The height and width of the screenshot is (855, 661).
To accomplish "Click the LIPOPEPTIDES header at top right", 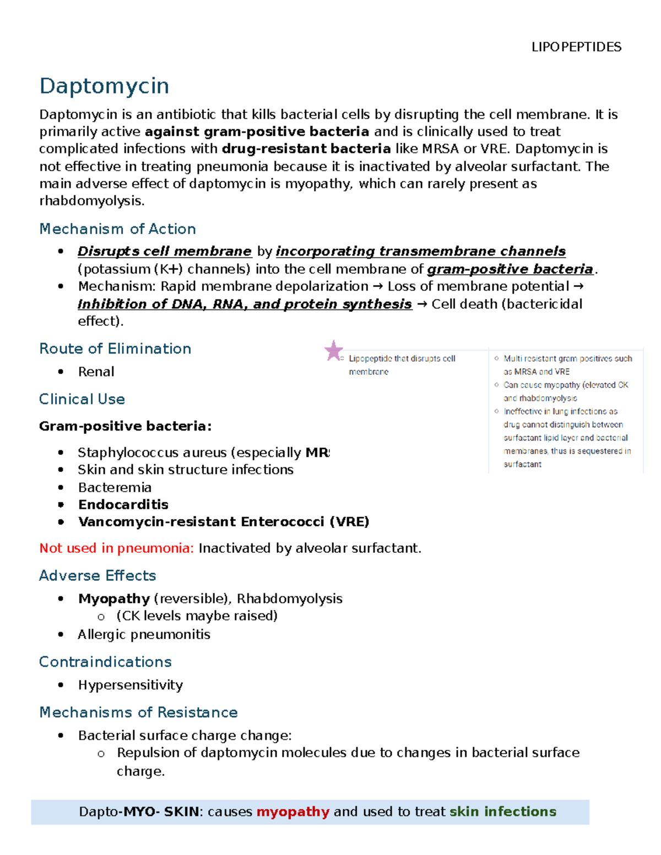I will point(576,47).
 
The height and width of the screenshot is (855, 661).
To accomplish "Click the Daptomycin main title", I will point(104,86).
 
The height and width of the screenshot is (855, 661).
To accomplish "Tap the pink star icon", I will point(333,351).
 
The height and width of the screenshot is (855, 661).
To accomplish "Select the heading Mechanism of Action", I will point(117,229).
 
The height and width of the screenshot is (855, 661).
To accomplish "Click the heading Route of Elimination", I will point(115,348).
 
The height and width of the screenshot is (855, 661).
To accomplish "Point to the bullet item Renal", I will point(96,372).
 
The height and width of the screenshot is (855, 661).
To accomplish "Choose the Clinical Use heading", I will point(82,399).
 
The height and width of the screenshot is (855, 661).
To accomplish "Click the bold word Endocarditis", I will point(123,504).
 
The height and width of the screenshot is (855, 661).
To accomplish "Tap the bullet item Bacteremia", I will point(115,487).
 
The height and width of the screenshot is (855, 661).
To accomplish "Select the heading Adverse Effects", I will point(97,575).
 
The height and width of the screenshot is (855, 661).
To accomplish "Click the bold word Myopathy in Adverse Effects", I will point(114,598).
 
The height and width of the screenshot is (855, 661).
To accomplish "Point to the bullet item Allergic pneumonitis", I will point(144,634).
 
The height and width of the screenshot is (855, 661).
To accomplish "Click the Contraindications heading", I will point(105,662).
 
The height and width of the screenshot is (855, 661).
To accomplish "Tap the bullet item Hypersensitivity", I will point(130,685).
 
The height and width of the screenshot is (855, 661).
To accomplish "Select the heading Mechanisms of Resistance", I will point(138,712).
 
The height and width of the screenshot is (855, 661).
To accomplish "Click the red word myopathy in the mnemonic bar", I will point(292,812).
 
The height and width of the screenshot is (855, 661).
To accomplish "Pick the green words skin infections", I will point(502,812).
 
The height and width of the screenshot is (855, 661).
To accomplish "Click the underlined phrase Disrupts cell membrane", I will point(164,252).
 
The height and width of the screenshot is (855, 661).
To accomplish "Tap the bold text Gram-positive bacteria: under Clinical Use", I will point(125,426).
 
